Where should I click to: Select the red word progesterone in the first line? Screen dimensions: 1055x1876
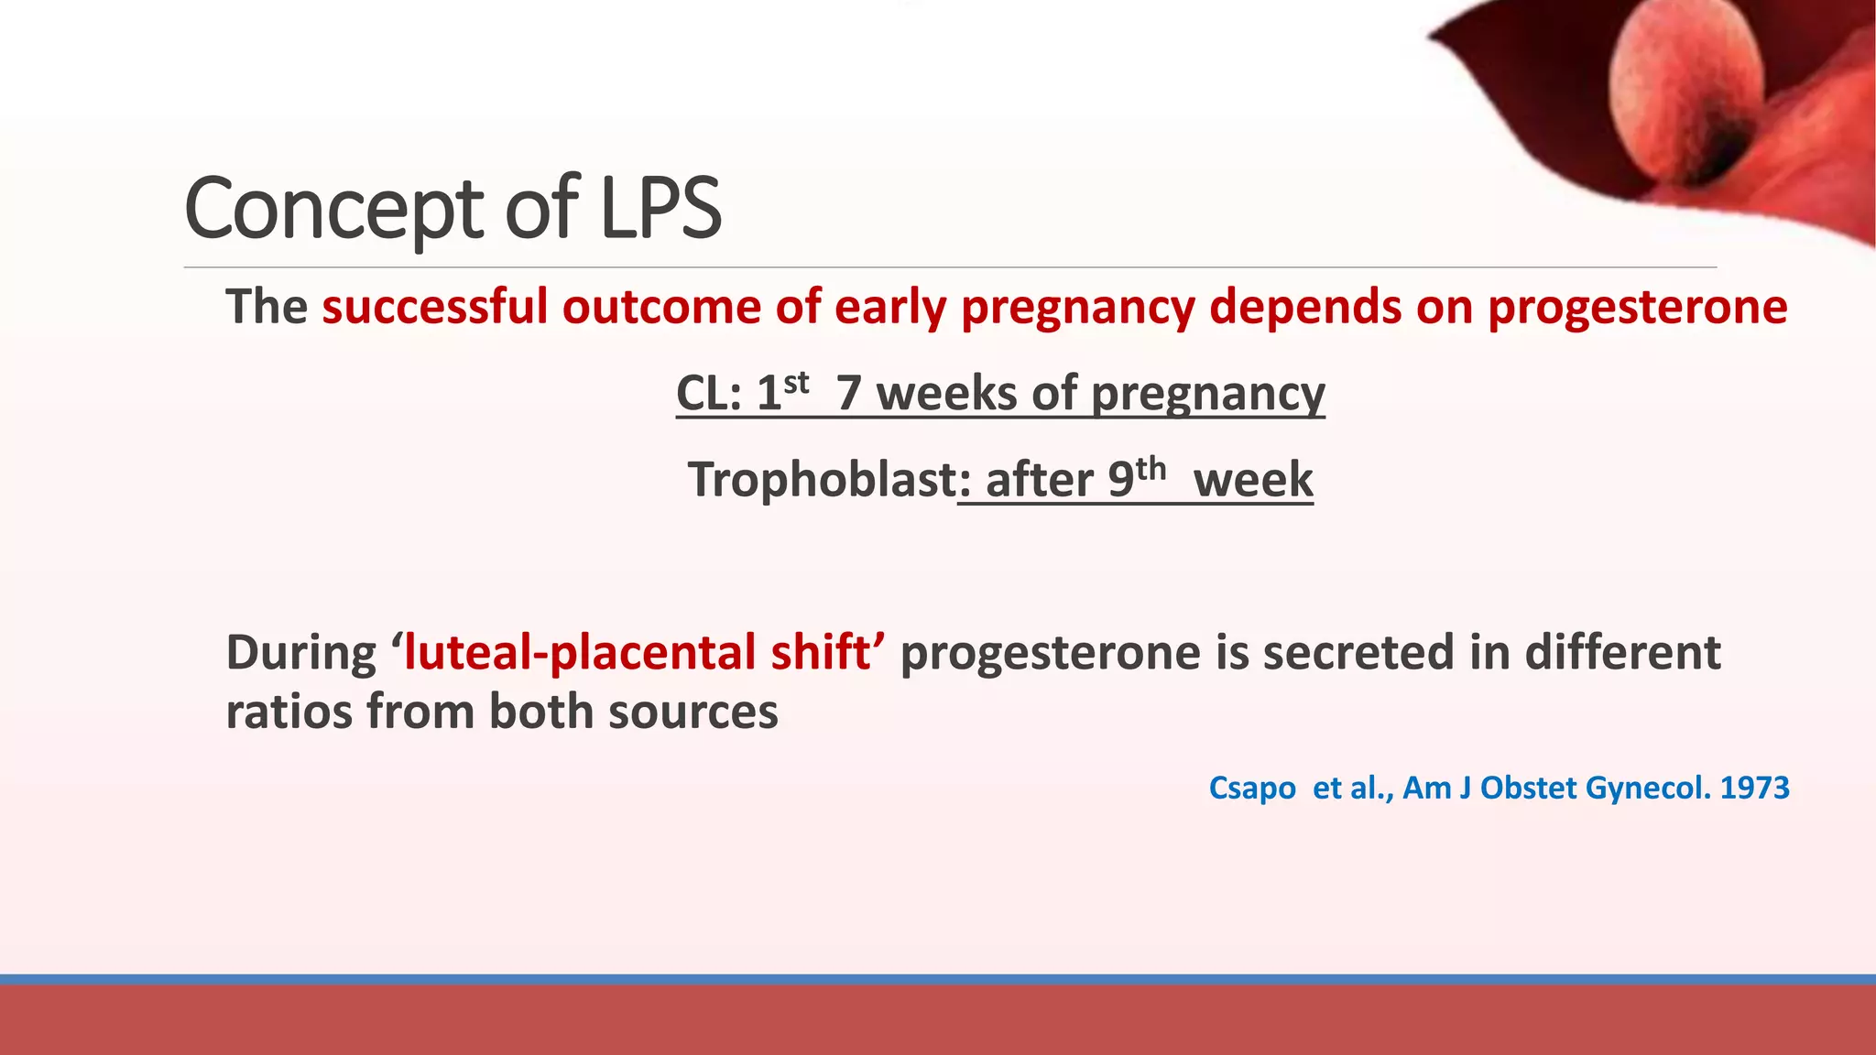[1637, 308]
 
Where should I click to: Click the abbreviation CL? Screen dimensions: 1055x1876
[708, 394]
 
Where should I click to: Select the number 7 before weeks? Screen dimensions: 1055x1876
[848, 394]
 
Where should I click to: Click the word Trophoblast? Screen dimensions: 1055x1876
[822, 480]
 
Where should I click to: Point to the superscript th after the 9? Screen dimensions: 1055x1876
[1151, 469]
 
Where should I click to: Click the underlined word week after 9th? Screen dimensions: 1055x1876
[1253, 481]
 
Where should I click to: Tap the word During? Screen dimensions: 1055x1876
[300, 654]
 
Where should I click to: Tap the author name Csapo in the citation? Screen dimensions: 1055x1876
[1251, 789]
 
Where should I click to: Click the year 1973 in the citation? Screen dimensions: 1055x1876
[1754, 789]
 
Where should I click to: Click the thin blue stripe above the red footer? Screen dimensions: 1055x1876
[938, 979]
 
